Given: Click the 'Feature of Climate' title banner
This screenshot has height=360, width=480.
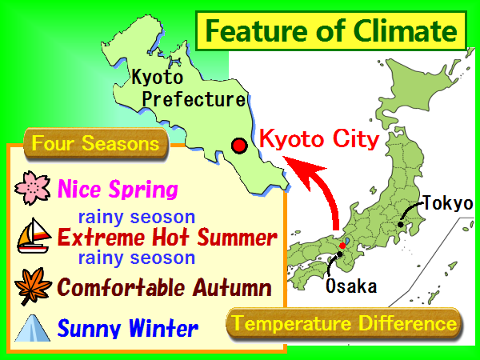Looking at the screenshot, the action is click(331, 30).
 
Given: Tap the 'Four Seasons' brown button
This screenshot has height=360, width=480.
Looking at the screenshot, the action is click(96, 143).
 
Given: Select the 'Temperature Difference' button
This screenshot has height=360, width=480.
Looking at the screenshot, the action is click(344, 323).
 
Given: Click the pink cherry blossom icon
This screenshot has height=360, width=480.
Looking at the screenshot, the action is click(33, 188).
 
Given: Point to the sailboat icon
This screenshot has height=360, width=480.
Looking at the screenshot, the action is click(34, 236).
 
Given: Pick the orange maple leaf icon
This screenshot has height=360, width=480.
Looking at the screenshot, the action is click(33, 286).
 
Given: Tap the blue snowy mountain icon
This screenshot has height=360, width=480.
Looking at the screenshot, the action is click(33, 328).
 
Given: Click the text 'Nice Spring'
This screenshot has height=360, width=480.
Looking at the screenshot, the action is click(118, 189).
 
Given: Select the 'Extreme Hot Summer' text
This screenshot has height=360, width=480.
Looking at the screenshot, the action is click(167, 237).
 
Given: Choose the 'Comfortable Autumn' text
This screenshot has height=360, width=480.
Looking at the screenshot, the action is click(164, 287).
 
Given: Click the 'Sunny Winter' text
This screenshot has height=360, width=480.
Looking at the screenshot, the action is click(128, 328).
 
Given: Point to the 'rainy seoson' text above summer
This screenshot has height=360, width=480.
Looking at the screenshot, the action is click(137, 217).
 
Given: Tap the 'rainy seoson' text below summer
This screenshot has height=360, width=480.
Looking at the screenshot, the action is click(137, 258).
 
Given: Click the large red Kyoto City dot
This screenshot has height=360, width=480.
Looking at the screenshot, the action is click(239, 146).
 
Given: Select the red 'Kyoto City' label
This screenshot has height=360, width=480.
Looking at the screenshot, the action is click(319, 140).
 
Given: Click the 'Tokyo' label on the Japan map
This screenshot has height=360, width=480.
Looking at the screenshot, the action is click(448, 203).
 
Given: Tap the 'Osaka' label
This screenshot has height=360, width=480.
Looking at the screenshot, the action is click(351, 286).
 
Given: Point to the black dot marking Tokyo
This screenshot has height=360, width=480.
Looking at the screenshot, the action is click(401, 224).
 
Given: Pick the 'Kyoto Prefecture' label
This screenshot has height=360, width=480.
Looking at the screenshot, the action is click(188, 88).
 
